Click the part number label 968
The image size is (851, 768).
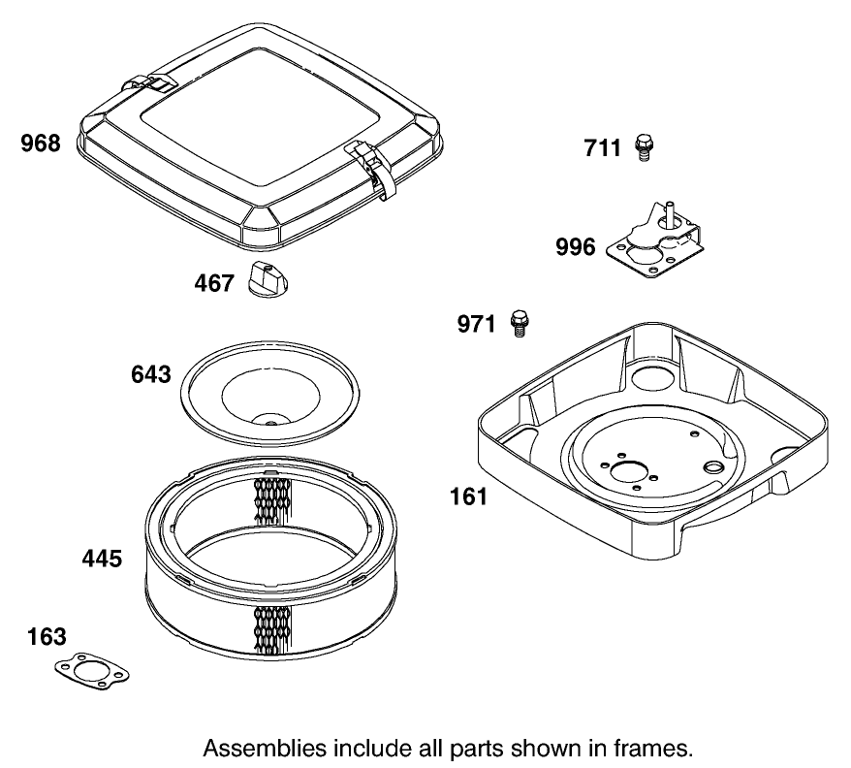click(x=41, y=144)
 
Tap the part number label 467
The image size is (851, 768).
click(x=214, y=283)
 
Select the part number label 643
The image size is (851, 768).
click(x=151, y=374)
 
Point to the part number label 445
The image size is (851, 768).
click(x=102, y=559)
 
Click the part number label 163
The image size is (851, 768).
click(x=47, y=637)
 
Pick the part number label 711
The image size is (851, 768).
click(x=603, y=148)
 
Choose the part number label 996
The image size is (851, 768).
click(x=576, y=247)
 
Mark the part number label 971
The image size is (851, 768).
click(x=478, y=324)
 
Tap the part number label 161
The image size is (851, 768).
click(x=468, y=497)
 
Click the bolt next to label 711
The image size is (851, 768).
click(x=642, y=147)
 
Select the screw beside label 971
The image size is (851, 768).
click(x=519, y=322)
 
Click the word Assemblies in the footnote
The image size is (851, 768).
click(x=266, y=748)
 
